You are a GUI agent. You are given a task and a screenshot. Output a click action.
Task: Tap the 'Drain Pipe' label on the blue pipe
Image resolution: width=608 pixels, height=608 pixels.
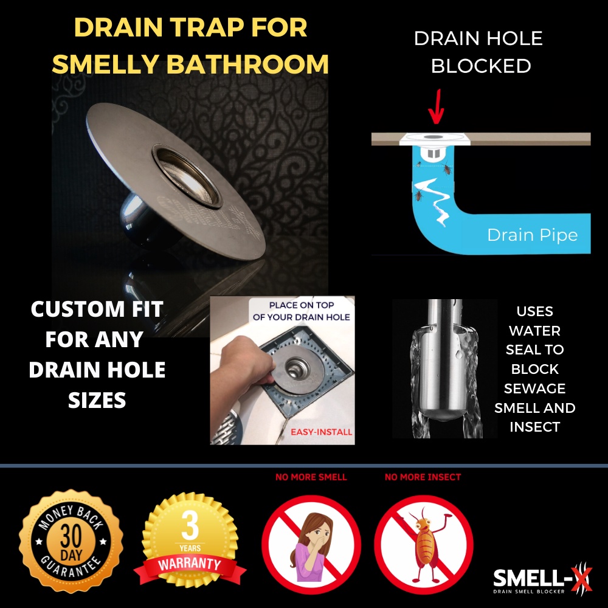(x=532, y=235)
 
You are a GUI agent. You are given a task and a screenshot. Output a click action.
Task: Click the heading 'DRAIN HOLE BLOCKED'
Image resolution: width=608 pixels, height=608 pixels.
(x=478, y=52)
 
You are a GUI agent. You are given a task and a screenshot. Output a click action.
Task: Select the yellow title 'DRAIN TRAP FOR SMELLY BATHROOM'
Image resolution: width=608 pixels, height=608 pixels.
(x=190, y=46)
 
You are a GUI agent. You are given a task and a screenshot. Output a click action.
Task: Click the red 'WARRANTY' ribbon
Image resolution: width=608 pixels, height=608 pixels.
(x=190, y=564)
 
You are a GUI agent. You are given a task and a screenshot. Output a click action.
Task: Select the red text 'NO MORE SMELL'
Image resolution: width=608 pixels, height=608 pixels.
(x=311, y=477)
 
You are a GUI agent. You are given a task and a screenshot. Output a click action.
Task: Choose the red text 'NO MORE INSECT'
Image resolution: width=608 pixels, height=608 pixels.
(x=423, y=477)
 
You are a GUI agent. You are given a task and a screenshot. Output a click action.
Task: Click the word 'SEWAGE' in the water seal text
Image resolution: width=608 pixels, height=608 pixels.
(x=534, y=388)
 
